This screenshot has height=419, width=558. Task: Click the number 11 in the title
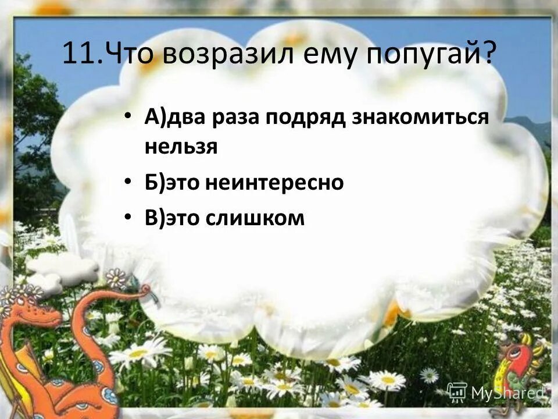77,55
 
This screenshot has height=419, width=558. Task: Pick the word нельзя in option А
181,147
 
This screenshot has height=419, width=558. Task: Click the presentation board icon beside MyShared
457,392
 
